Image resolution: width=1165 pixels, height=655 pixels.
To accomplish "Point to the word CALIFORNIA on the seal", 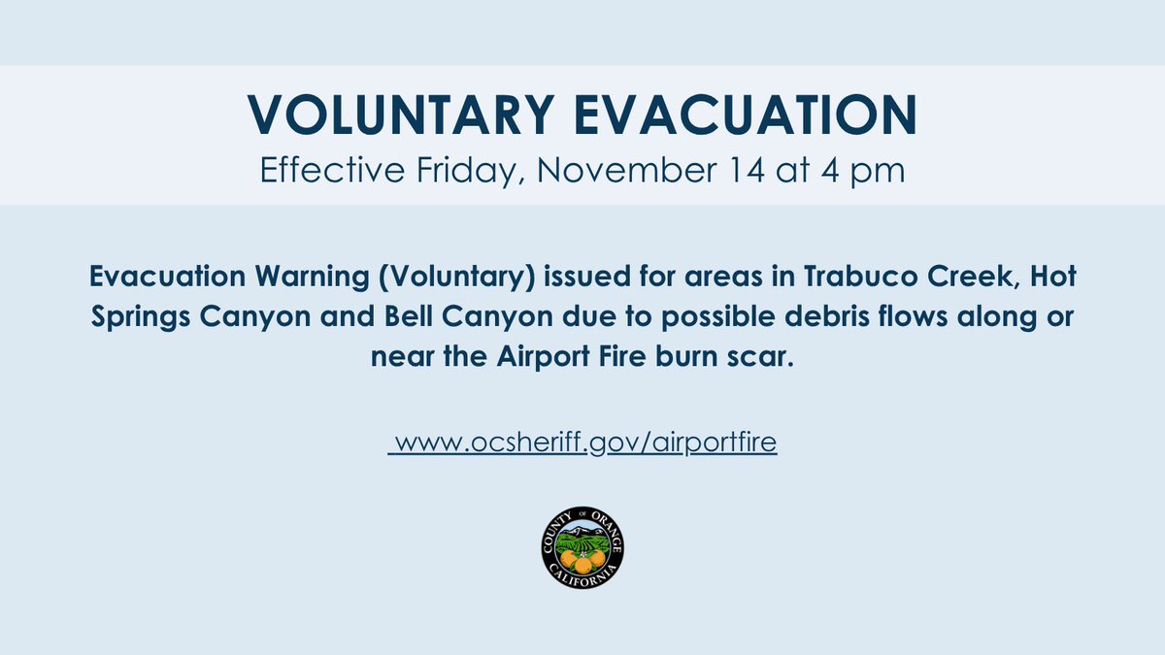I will (x=582, y=576).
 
